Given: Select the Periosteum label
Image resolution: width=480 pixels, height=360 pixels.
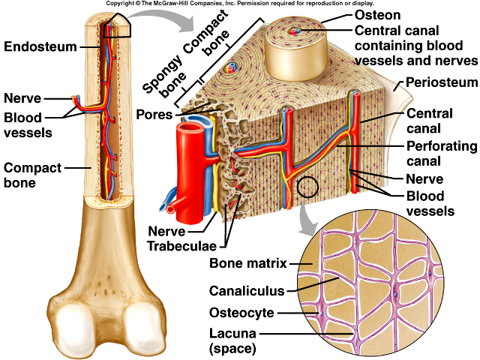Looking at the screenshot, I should pyautogui.click(x=439, y=81).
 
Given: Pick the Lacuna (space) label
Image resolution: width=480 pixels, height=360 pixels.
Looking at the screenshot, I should pyautogui.click(x=235, y=340).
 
